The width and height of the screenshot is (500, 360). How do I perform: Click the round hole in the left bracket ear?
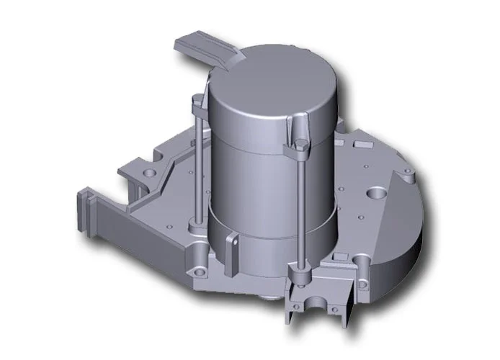coord(149,174)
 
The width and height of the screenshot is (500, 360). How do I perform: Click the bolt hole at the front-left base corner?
coord(197,251)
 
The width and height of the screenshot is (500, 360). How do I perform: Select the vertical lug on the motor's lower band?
coord(232,245)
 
